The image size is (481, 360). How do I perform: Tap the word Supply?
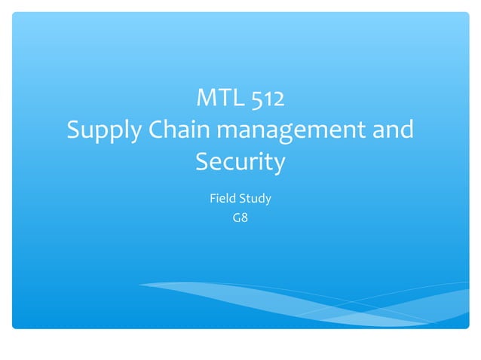[x=102, y=131]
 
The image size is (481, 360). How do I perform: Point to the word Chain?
[x=179, y=130]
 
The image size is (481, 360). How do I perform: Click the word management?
[x=296, y=131]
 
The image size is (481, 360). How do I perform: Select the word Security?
[x=240, y=163]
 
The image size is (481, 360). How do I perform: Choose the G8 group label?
[x=240, y=219]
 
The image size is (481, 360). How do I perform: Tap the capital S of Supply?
[x=74, y=130]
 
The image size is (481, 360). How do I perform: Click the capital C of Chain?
[x=156, y=130]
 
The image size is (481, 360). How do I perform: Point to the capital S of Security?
[x=203, y=162]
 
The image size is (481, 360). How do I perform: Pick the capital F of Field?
[x=212, y=199]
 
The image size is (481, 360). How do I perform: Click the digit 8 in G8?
[x=244, y=219]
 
